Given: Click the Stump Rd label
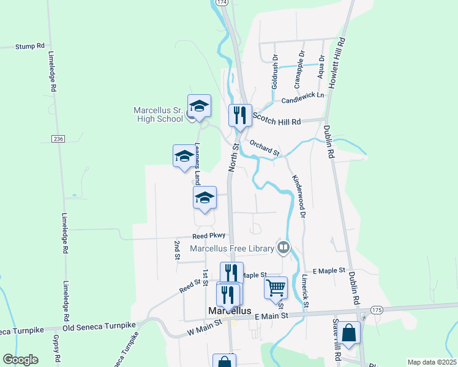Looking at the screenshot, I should click(x=31, y=45).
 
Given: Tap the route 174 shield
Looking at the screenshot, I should click(x=222, y=3).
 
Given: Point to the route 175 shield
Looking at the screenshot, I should click(x=376, y=311).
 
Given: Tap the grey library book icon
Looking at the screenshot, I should click(x=283, y=247).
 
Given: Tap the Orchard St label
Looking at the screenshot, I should click(x=265, y=147).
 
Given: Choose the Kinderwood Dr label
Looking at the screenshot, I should click(x=298, y=195).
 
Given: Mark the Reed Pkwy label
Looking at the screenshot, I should click(x=209, y=235).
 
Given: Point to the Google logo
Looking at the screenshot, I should click(x=20, y=360).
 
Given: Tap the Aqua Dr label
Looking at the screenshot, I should click(x=320, y=70).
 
